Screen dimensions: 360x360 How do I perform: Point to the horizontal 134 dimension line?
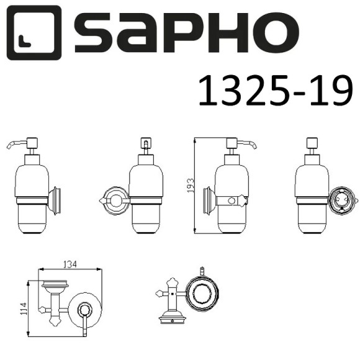click(71, 270)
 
